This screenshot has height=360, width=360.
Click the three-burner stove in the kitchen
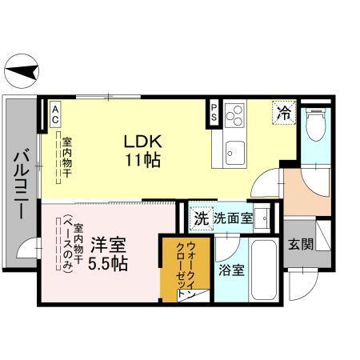(x=234, y=118)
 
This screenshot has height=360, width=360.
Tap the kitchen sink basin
(x=235, y=150)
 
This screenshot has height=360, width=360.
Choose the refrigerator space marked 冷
(x=283, y=111)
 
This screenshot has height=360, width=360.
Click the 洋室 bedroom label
(x=106, y=242)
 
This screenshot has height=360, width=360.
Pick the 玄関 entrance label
(x=301, y=243)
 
